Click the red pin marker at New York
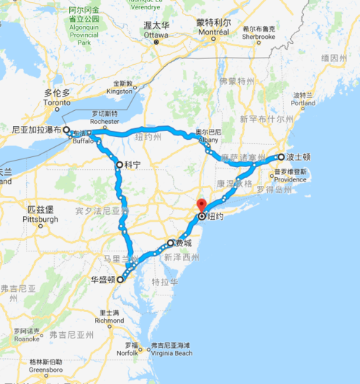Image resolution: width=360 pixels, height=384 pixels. point(202,205)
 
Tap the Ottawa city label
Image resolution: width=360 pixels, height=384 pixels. point(156,34)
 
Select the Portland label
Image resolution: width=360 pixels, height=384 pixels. point(304,103)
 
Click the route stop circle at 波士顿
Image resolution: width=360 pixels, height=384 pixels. point(281,156)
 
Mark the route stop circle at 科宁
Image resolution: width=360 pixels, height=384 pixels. point(119,164)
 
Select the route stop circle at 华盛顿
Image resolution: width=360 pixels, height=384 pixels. point(120,280)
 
